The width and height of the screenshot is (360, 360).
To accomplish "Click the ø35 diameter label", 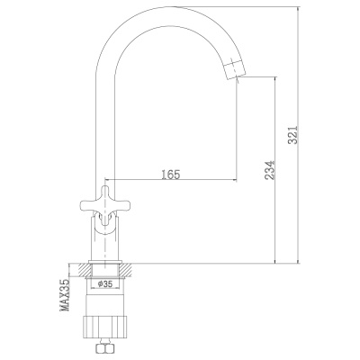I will (x=103, y=283).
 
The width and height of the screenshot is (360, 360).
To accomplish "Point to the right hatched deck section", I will (x=128, y=268).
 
